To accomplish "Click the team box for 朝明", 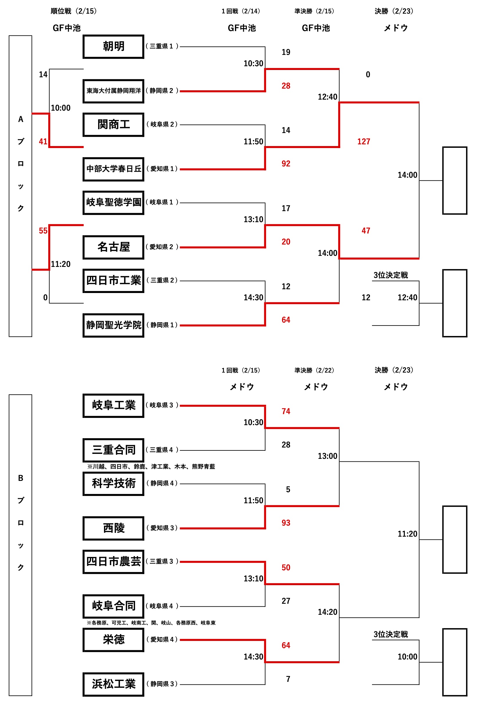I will click(113, 46).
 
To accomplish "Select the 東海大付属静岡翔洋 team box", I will click(113, 91).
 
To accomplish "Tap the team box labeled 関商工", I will click(113, 125).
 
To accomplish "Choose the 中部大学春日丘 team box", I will click(113, 169).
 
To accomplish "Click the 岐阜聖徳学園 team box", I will click(113, 203).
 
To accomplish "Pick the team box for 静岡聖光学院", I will click(113, 325).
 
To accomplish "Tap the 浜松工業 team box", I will click(113, 684).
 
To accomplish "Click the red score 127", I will click(364, 141).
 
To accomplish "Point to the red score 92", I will click(286, 164).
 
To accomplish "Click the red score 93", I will click(286, 523).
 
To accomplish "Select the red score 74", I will click(286, 411).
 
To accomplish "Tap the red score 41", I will click(43, 141).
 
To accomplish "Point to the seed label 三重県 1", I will click(162, 46).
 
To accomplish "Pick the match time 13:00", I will click(327, 456).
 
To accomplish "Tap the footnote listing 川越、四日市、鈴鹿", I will click(151, 467).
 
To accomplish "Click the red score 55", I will click(43, 231).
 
